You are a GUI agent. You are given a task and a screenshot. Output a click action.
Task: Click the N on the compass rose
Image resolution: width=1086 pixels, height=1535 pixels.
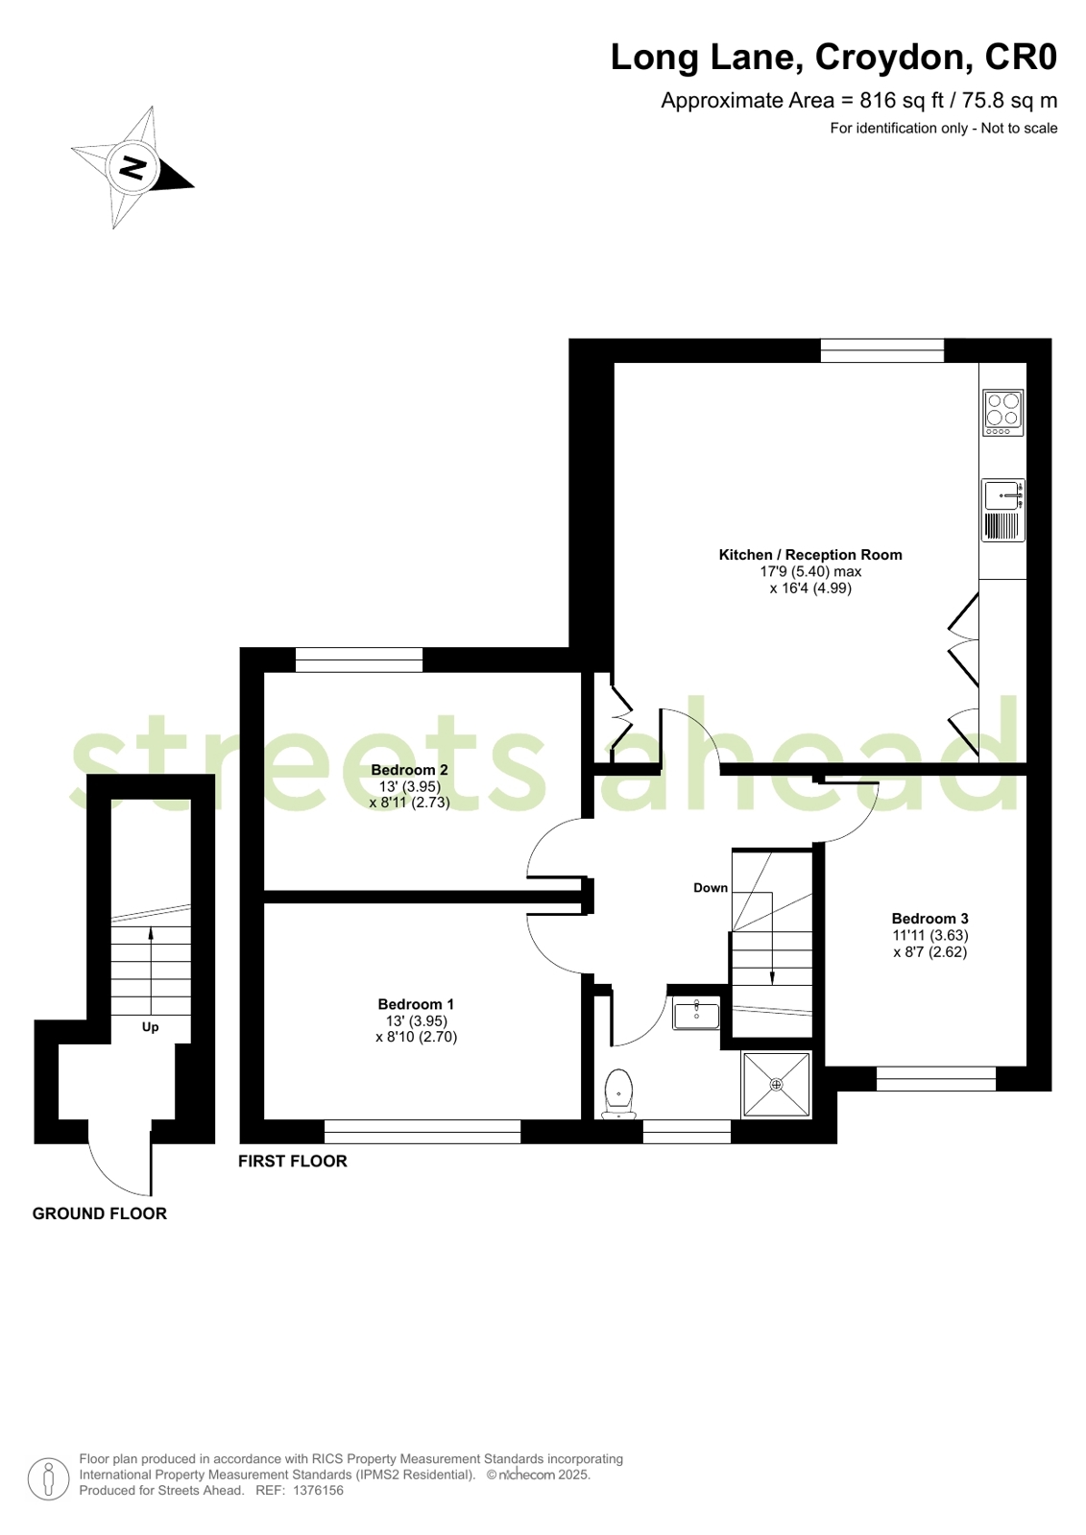[x=133, y=166]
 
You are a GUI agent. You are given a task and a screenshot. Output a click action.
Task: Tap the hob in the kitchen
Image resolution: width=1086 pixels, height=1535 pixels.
[x=1002, y=413]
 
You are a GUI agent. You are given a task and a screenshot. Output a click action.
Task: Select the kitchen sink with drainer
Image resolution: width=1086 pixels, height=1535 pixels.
[x=1002, y=510]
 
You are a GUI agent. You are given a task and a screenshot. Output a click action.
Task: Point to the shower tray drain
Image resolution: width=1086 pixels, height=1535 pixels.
[x=776, y=1085]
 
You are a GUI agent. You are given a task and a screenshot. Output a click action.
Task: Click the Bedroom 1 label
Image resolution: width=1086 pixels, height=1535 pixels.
[x=416, y=1004]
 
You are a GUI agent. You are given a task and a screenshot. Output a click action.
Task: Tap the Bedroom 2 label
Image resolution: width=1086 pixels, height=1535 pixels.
[x=409, y=770]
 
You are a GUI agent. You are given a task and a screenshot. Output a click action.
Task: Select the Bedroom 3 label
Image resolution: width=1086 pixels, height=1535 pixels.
[x=929, y=919]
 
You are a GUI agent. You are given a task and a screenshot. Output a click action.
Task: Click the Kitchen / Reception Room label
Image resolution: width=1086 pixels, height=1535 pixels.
[x=810, y=554]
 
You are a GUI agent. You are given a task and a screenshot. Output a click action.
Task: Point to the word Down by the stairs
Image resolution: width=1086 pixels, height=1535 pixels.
[x=711, y=887]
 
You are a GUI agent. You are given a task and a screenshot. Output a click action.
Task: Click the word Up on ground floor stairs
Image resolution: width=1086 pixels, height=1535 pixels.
[x=150, y=1027]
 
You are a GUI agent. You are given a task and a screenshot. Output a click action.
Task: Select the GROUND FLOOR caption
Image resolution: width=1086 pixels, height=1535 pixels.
[x=100, y=1213]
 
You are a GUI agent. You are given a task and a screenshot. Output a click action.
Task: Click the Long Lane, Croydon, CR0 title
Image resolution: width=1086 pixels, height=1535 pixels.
[x=833, y=57]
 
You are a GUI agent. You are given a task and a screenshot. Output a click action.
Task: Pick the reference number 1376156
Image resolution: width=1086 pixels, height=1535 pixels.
[x=318, y=1491]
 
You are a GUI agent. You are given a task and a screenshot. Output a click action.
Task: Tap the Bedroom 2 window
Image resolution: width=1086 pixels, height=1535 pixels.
[x=359, y=660]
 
